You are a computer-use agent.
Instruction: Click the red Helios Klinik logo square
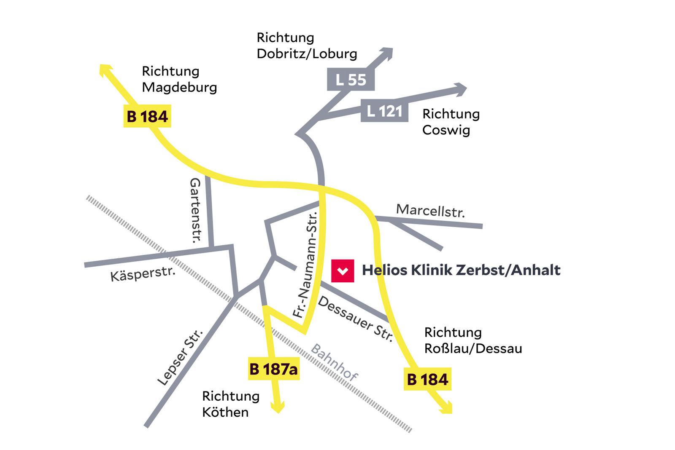point(342,271)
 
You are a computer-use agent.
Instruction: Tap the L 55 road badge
point(351,79)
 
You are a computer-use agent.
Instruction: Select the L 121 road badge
point(384,111)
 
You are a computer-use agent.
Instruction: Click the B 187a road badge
point(273,369)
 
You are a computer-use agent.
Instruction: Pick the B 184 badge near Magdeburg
point(147,116)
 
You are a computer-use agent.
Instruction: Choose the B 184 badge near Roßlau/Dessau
point(427,379)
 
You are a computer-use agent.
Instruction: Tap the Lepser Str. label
point(180,357)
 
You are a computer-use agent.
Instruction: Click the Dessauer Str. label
point(355,319)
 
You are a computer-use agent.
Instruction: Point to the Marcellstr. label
point(430,210)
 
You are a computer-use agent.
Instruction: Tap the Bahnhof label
point(334,362)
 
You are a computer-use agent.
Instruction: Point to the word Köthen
point(225,412)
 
